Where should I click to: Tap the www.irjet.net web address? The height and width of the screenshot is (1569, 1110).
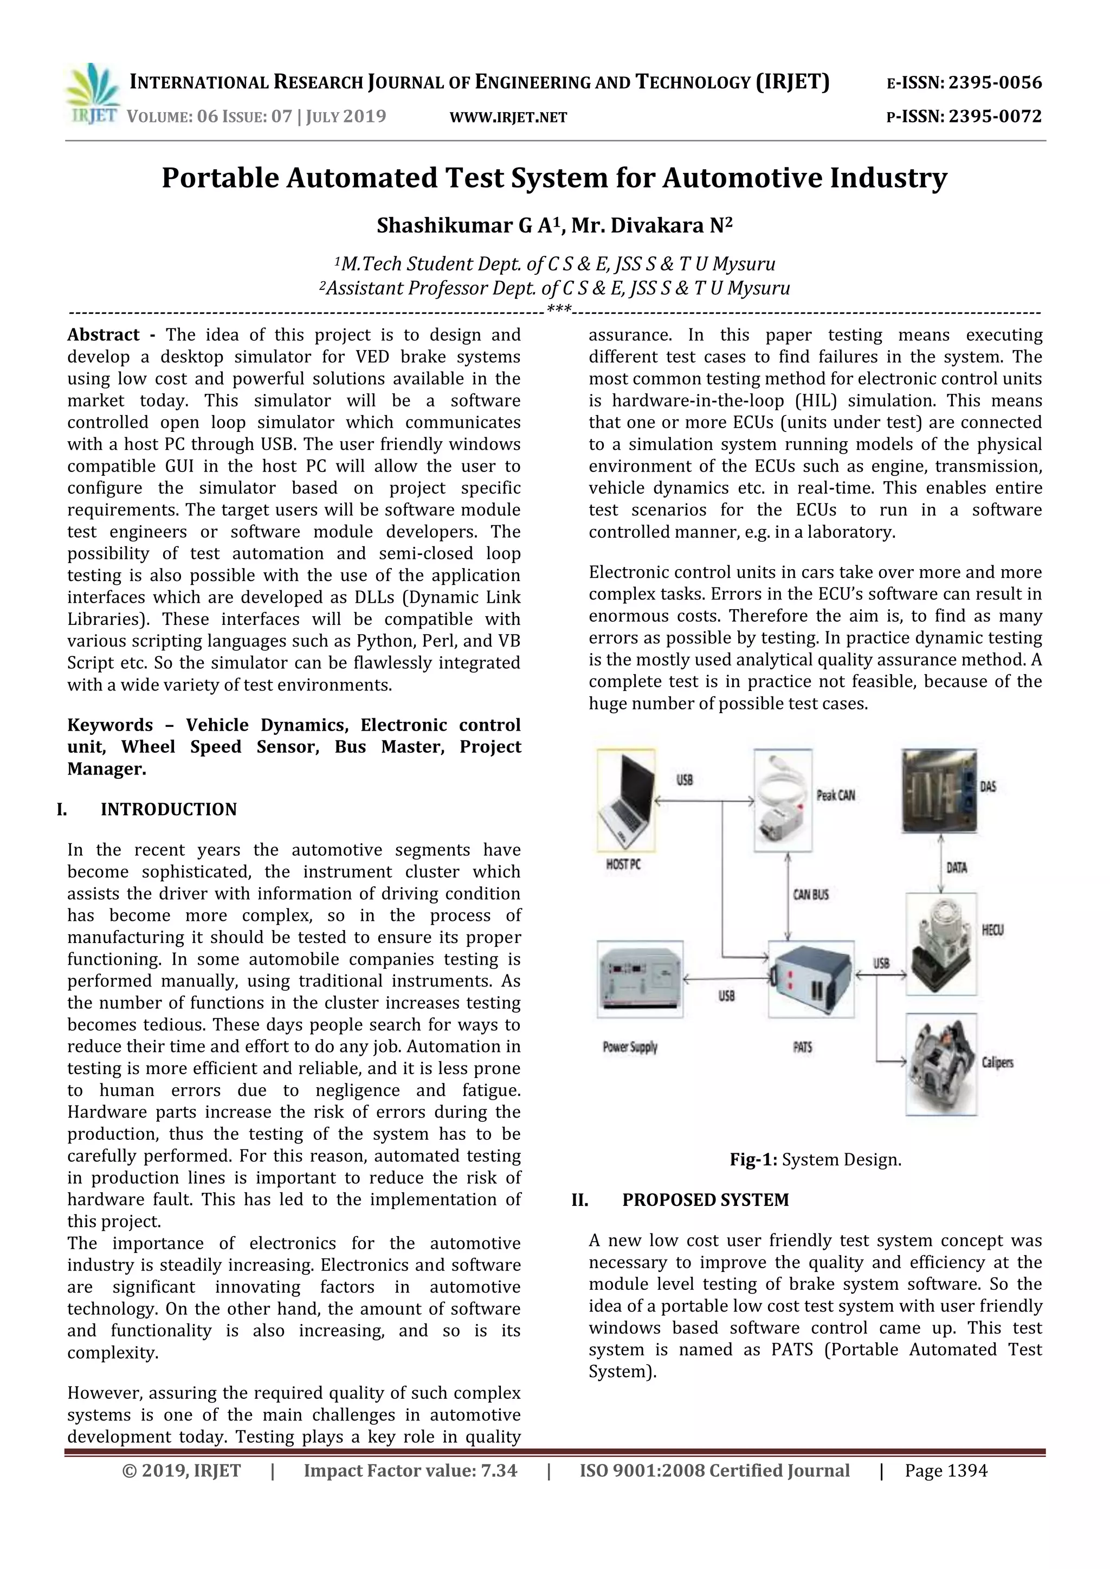click(x=508, y=118)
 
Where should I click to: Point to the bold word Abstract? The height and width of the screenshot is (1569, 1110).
click(x=102, y=335)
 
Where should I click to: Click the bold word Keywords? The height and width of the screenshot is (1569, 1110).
click(x=109, y=725)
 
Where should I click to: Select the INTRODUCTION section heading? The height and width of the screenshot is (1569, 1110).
click(x=168, y=809)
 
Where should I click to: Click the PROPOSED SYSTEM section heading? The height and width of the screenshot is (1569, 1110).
click(x=705, y=1200)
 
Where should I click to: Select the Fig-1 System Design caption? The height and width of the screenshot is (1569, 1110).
click(x=815, y=1160)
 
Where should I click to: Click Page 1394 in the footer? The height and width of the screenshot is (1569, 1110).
click(x=945, y=1470)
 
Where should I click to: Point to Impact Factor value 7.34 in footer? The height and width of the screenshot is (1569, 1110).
click(x=410, y=1470)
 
